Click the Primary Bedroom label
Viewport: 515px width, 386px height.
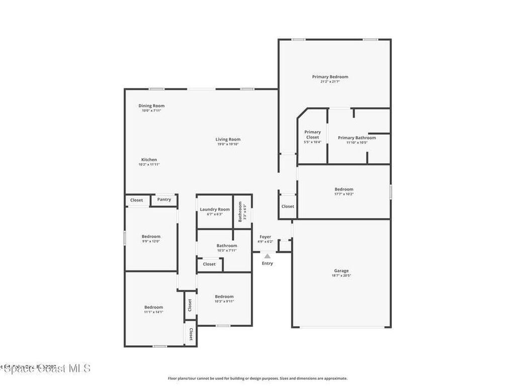pos(330,77)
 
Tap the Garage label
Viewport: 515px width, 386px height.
pos(341,271)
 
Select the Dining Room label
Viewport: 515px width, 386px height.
pos(151,106)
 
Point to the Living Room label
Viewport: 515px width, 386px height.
pos(228,140)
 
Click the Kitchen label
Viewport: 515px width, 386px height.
pos(149,160)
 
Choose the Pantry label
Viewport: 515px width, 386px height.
pos(164,200)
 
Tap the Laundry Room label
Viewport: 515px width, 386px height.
pos(215,210)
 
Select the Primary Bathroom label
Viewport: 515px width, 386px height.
pos(357,138)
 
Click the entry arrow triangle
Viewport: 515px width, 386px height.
pos(268,256)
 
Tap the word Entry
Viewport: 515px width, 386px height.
pos(268,263)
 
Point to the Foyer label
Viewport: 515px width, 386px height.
pos(265,237)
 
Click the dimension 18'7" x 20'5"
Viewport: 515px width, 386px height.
pos(341,276)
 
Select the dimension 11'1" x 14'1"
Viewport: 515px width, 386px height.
pos(153,312)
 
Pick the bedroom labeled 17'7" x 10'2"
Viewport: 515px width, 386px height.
pos(344,189)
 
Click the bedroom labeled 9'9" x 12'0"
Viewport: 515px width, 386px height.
pos(151,237)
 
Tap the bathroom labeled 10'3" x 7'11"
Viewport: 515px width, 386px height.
pos(227,246)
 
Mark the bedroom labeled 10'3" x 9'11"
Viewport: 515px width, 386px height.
pos(224,297)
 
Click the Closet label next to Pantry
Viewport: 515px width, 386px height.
pos(137,200)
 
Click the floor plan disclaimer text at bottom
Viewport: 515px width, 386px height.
pos(257,378)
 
